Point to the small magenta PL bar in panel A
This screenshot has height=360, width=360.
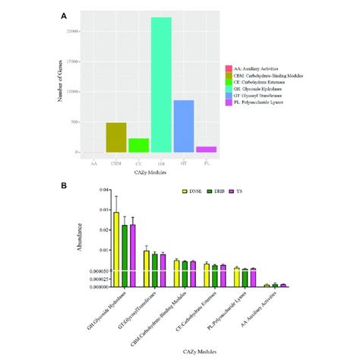pyautogui.click(x=207, y=150)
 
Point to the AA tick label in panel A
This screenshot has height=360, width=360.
pyautogui.click(x=93, y=162)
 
